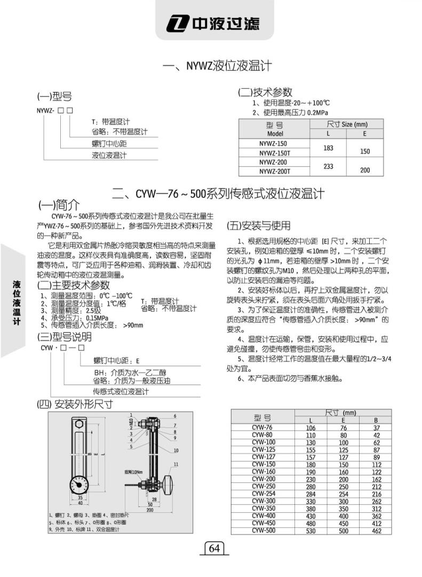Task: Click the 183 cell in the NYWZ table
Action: coord(328,147)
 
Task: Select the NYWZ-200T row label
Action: coord(274,171)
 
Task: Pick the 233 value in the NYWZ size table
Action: coord(328,166)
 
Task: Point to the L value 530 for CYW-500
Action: coord(310,532)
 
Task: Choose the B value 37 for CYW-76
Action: coord(376,428)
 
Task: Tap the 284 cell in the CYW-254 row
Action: coord(310,494)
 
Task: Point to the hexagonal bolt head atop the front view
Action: coord(79,424)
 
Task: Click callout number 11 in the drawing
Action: coord(176,464)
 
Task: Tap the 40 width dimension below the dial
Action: coord(79,503)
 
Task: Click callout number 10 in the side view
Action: coord(176,450)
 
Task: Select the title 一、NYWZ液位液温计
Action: coord(217,66)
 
